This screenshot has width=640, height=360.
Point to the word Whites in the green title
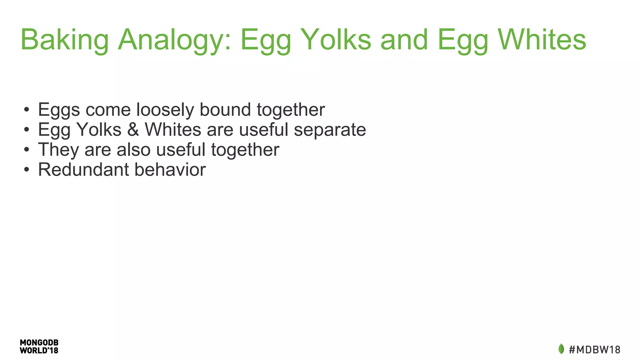(542, 40)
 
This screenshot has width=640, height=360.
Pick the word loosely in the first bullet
(165, 110)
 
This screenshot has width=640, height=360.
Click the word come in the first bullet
(108, 110)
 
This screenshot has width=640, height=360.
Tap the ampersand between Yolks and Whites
(133, 130)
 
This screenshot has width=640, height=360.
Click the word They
(58, 150)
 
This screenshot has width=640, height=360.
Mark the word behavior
(170, 170)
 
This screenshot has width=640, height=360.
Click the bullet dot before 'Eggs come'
(27, 110)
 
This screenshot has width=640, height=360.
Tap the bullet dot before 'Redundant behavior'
(27, 170)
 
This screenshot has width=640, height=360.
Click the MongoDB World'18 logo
(39, 347)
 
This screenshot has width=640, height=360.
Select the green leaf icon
(561, 349)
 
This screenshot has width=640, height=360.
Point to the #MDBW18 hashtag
(594, 349)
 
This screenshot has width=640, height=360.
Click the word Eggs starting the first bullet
(59, 110)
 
